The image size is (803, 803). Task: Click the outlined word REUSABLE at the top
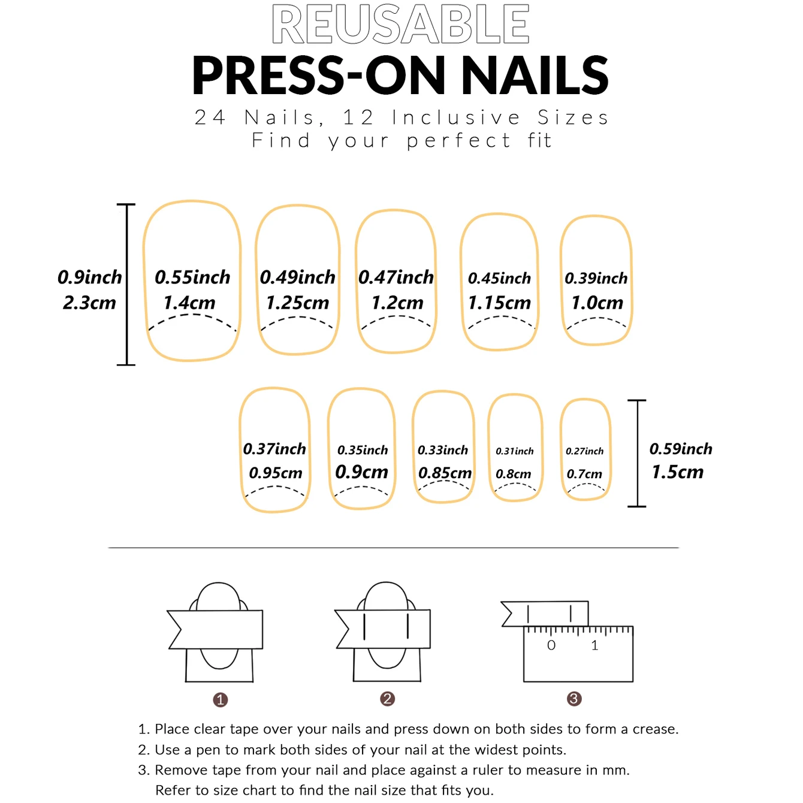(x=400, y=25)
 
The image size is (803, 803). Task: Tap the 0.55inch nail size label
(x=192, y=277)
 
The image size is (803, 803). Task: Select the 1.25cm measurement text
(x=297, y=303)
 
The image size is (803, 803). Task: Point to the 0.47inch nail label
(x=396, y=277)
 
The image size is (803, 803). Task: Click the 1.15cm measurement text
(x=499, y=303)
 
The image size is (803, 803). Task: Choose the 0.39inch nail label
(x=596, y=278)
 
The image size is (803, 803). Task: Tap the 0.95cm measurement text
(x=275, y=473)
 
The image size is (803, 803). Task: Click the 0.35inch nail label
(x=363, y=450)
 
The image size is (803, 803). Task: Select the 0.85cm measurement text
(x=445, y=473)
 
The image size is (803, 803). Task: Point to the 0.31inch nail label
(x=514, y=451)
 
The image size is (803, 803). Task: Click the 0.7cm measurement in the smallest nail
(x=584, y=474)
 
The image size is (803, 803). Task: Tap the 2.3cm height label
(x=89, y=303)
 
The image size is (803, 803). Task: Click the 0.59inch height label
(x=681, y=449)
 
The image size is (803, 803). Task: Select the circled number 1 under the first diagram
(x=221, y=699)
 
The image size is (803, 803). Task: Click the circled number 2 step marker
(x=387, y=699)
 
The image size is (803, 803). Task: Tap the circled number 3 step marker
(x=574, y=699)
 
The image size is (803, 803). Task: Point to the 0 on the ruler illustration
(x=551, y=645)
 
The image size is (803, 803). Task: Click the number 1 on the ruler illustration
(x=594, y=645)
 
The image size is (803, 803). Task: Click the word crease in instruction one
(x=655, y=729)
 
